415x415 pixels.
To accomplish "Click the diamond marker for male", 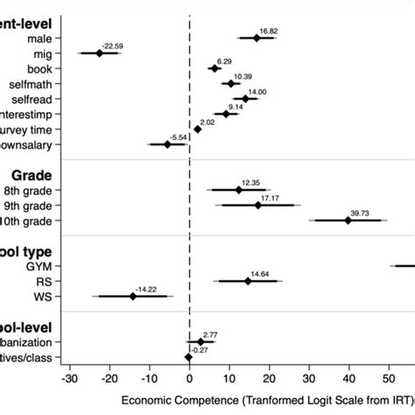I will [x=257, y=38].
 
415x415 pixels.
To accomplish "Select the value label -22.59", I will [x=111, y=46].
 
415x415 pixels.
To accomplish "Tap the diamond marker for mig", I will [x=99, y=53].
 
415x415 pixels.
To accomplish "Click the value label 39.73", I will [x=360, y=213].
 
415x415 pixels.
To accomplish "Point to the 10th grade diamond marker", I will [x=348, y=221].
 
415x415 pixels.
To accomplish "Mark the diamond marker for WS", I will [x=133, y=296].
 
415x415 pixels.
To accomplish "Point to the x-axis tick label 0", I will [x=189, y=379].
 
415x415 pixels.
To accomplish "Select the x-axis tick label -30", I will [x=69, y=379].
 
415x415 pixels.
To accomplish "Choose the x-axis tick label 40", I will [x=348, y=379].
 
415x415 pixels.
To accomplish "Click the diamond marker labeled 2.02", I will [x=197, y=130].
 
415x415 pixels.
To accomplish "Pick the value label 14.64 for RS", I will [x=259, y=273].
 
